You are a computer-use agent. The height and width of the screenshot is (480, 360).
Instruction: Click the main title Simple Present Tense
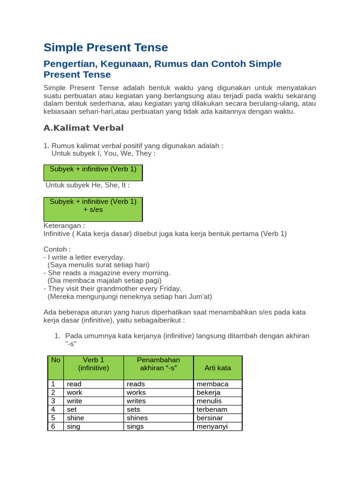[x=105, y=47]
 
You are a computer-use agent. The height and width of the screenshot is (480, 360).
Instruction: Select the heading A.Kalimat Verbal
[x=83, y=128]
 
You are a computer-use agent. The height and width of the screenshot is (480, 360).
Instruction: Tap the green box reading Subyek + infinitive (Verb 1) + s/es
[x=93, y=206]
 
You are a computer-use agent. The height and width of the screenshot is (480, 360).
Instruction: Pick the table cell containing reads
[x=136, y=384]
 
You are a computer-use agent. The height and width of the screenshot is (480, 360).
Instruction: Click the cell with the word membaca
[x=212, y=384]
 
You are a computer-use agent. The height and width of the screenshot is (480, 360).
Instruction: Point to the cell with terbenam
[x=212, y=409]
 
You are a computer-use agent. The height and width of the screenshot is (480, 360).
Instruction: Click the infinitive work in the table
[x=75, y=392]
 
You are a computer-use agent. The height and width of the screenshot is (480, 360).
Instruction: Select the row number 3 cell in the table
[x=53, y=401]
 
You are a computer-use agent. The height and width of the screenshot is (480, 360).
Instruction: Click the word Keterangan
[x=64, y=225]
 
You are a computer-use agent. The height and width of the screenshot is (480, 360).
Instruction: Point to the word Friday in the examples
[x=170, y=288]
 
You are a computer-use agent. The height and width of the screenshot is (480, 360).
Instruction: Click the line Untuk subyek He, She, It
[x=87, y=185]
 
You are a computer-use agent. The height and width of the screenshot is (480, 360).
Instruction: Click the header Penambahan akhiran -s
[x=158, y=364]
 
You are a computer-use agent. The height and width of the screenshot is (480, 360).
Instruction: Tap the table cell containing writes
[x=136, y=401]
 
